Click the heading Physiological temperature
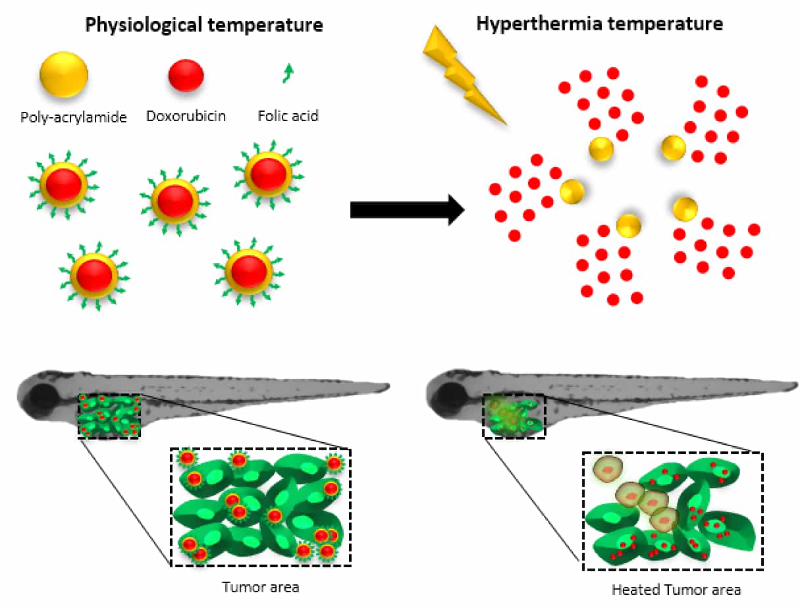pyautogui.click(x=204, y=26)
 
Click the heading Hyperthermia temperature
pyautogui.click(x=599, y=24)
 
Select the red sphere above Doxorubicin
pyautogui.click(x=186, y=75)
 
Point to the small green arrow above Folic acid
pyautogui.click(x=287, y=72)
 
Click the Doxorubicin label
pyautogui.click(x=186, y=116)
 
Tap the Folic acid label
pyautogui.click(x=288, y=116)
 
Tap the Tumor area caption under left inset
pyautogui.click(x=261, y=586)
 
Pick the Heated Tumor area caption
pyautogui.click(x=676, y=590)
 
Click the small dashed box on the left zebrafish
pyautogui.click(x=109, y=416)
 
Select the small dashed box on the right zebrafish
pyautogui.click(x=514, y=416)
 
